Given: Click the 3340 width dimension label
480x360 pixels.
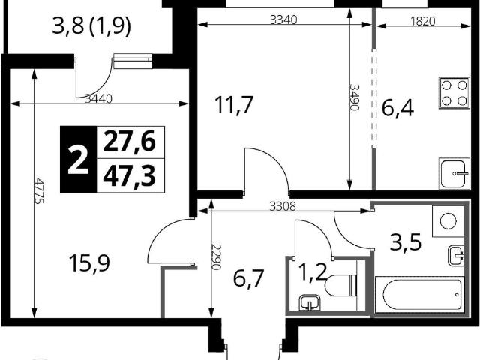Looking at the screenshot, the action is tap(283, 20).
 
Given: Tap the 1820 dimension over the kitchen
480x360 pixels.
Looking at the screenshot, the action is tap(422, 22).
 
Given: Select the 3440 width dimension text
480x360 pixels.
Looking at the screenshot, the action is tap(99, 99).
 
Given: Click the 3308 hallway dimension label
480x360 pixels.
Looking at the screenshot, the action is tap(283, 207).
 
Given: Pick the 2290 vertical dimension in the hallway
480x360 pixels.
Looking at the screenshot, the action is tap(216, 256).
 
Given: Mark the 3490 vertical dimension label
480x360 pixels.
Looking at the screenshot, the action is tap(354, 97).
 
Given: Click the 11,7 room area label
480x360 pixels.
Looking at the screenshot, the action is tap(234, 105).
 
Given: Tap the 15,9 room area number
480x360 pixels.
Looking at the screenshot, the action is tap(89, 263).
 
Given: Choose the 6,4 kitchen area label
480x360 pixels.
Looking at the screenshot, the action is tap(398, 109).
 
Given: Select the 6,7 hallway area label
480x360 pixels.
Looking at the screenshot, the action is tap(248, 278).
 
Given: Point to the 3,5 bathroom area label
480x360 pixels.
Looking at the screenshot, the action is tap(406, 241).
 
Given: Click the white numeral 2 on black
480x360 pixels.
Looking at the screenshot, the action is tap(78, 160).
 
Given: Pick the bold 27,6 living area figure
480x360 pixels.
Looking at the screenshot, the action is tap(129, 142).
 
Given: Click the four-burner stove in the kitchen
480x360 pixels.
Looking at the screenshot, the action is tap(454, 93).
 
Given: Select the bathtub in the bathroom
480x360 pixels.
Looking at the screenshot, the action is tap(418, 294).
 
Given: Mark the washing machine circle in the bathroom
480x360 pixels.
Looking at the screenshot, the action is tap(448, 220).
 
